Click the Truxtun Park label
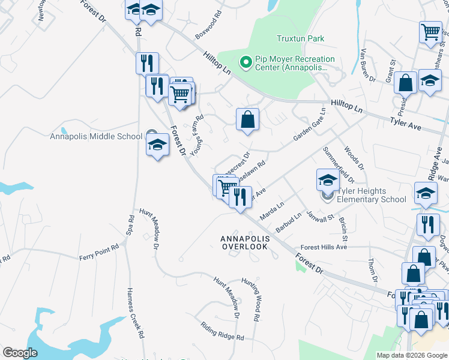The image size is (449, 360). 300,38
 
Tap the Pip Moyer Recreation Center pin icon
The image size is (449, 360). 245,62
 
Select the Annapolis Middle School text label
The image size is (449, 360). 96,136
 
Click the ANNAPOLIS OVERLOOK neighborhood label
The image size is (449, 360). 244,242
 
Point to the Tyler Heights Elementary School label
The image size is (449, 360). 371,195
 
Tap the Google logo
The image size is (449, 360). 20,353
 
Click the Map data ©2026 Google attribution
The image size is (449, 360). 411,355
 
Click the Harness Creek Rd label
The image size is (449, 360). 135,311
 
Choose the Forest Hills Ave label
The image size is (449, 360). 324,247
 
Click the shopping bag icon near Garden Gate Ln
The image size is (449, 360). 247,119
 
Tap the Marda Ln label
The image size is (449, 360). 271,211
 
